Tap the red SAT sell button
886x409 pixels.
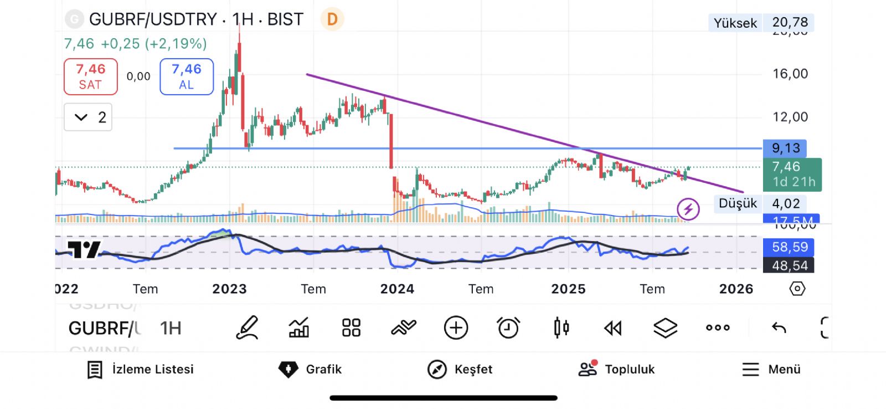coord(90,76)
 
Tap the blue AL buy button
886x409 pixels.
coord(187,76)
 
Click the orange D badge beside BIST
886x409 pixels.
coord(332,19)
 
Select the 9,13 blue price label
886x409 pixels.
coord(785,149)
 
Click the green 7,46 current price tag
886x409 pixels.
coord(792,174)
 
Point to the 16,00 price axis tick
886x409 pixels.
coord(790,74)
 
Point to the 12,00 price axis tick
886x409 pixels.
coord(790,117)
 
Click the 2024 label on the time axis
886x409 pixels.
coord(397,289)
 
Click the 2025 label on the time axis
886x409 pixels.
coord(568,289)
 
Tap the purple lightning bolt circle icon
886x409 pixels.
coord(688,209)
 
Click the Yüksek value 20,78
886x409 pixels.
coord(790,22)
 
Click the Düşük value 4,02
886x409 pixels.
coord(786,203)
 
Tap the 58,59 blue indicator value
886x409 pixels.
coord(790,247)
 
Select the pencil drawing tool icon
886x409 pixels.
coord(247,328)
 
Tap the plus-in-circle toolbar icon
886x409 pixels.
coord(456,328)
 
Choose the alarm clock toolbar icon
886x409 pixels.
coord(508,328)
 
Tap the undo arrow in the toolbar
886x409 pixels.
coord(779,328)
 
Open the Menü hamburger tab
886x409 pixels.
coord(771,369)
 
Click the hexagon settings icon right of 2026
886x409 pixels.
coord(797,289)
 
